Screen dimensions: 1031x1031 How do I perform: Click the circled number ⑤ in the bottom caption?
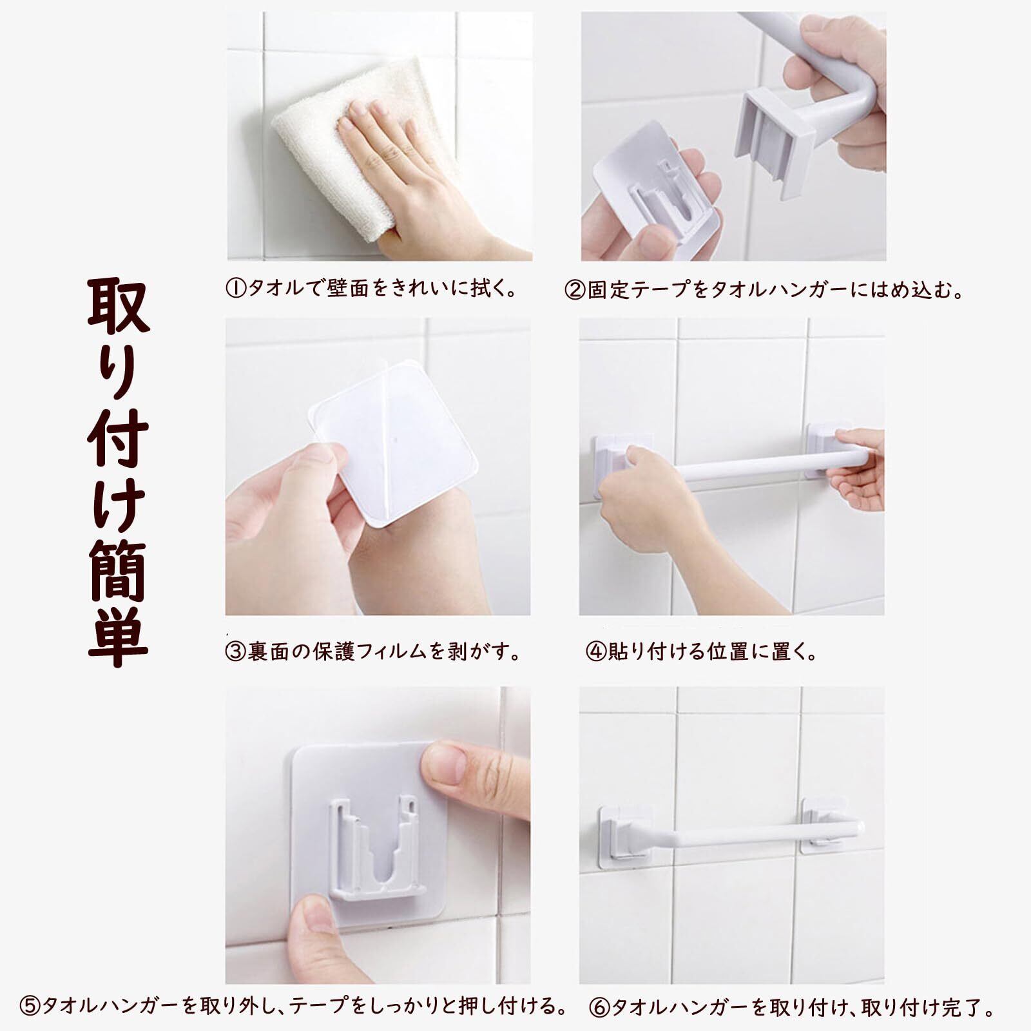[x=30, y=1007]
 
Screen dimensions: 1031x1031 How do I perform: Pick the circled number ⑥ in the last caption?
[x=599, y=1007]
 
